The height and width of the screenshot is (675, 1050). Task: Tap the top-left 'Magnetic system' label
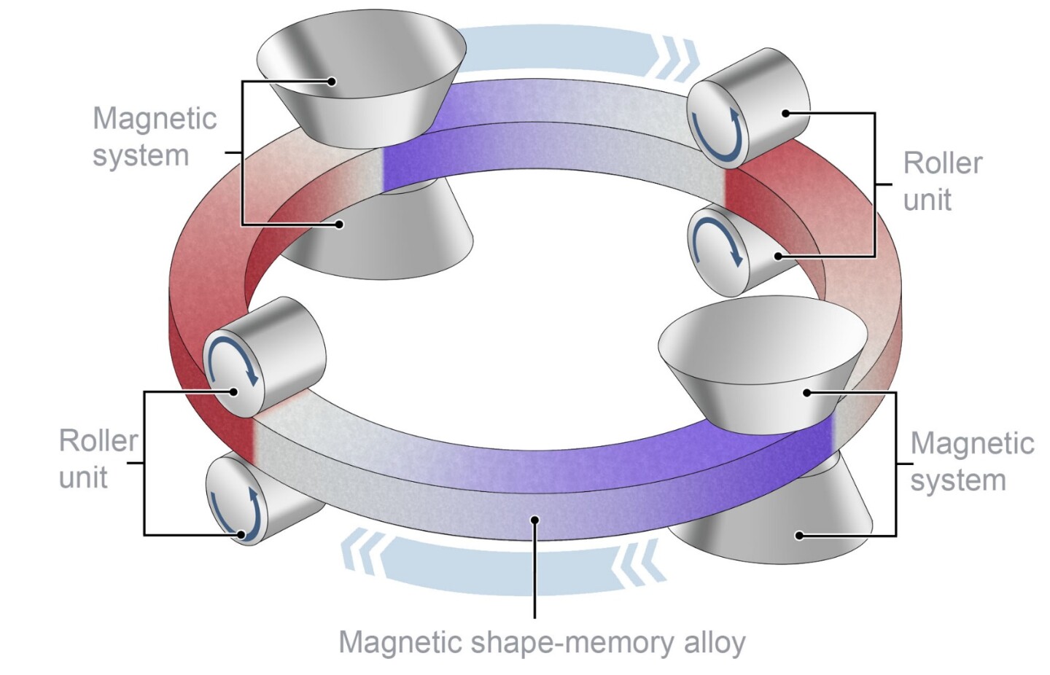coord(155,137)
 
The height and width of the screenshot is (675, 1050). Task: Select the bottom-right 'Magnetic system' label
coord(971,461)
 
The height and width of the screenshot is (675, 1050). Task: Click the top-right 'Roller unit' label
coord(942,182)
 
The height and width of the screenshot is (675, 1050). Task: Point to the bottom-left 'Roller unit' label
coord(98,459)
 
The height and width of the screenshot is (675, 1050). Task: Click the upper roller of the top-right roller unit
coord(751,109)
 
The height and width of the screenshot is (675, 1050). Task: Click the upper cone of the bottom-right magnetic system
coord(762,364)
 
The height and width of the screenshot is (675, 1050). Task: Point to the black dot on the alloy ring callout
coord(534,520)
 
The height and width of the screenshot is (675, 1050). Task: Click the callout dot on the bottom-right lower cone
coord(799,535)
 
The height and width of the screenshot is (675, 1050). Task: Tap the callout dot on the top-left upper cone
coord(332,82)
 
